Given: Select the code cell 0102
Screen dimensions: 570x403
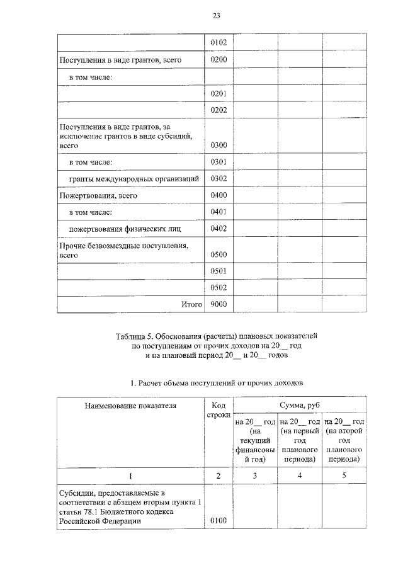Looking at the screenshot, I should [x=219, y=43].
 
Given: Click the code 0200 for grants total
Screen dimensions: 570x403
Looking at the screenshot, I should [x=219, y=60].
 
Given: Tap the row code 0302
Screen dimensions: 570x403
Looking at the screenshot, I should [x=219, y=179].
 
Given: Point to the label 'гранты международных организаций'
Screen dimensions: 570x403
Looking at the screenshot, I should [x=133, y=179].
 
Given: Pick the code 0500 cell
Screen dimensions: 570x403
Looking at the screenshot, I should [x=219, y=255].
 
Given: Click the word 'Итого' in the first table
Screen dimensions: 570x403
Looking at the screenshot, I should [x=191, y=305].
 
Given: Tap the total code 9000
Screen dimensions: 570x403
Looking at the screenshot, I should [x=219, y=305].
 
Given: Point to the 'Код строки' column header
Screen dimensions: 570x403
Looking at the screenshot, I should [x=219, y=411].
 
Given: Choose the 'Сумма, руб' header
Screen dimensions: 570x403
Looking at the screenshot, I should [x=302, y=406].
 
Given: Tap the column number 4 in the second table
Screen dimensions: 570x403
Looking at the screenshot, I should [x=299, y=476].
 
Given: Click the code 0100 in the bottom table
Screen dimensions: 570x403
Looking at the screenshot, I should [x=219, y=522].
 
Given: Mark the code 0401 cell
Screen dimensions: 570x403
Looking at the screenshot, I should [x=219, y=212].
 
